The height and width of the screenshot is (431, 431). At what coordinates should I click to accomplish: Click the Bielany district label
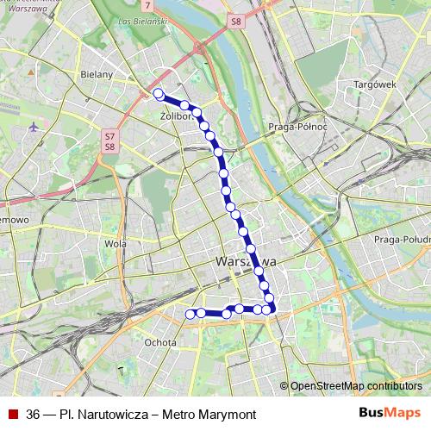coord(100,75)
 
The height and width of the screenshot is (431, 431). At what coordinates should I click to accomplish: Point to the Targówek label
coord(374,84)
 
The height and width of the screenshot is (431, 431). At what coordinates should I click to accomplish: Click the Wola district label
coord(115,244)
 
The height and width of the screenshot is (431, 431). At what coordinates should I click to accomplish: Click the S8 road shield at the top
coord(237,19)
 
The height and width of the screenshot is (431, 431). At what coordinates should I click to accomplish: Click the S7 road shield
coord(109,135)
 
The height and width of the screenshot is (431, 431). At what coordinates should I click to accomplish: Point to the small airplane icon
coord(34,128)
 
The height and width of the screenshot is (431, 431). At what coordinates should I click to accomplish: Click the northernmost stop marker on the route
coord(158,93)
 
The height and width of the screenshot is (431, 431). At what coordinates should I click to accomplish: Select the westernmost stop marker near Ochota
coord(191,314)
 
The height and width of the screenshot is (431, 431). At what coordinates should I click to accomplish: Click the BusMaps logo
coord(390,412)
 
